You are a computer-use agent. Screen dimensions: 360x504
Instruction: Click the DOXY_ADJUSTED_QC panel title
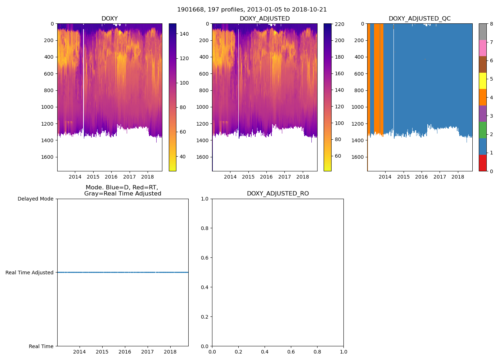(x=419, y=19)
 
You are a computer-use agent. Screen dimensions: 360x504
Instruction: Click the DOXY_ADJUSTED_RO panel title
(x=278, y=194)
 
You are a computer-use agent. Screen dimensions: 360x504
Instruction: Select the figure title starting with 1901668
(x=252, y=10)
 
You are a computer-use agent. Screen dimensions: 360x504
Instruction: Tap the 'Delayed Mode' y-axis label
(x=35, y=199)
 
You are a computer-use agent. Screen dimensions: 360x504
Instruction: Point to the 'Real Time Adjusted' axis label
(x=30, y=273)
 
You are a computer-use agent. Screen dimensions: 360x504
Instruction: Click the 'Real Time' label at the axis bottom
(x=41, y=346)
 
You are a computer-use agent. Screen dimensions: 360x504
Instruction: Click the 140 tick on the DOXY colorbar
(x=184, y=34)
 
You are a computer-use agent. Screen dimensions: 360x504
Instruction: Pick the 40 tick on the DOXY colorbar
(x=183, y=157)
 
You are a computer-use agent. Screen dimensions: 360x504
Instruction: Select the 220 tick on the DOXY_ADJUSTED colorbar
(x=339, y=24)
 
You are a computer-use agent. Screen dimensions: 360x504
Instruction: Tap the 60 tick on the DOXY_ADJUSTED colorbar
(x=338, y=156)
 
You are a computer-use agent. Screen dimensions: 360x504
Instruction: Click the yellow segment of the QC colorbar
(x=482, y=81)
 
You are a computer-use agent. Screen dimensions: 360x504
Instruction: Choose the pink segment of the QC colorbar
(x=482, y=48)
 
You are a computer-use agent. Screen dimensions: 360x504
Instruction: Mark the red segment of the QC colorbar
(x=482, y=163)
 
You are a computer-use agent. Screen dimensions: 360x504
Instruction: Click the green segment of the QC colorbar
(x=482, y=130)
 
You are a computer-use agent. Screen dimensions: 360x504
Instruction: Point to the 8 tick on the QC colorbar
(x=491, y=24)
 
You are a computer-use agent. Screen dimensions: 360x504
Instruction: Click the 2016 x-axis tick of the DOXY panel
(x=111, y=177)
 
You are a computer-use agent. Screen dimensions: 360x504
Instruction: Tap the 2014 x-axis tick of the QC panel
(x=385, y=177)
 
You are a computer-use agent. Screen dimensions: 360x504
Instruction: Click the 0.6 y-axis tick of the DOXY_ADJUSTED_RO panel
(x=204, y=258)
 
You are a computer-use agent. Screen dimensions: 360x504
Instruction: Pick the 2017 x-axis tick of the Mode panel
(x=147, y=352)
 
